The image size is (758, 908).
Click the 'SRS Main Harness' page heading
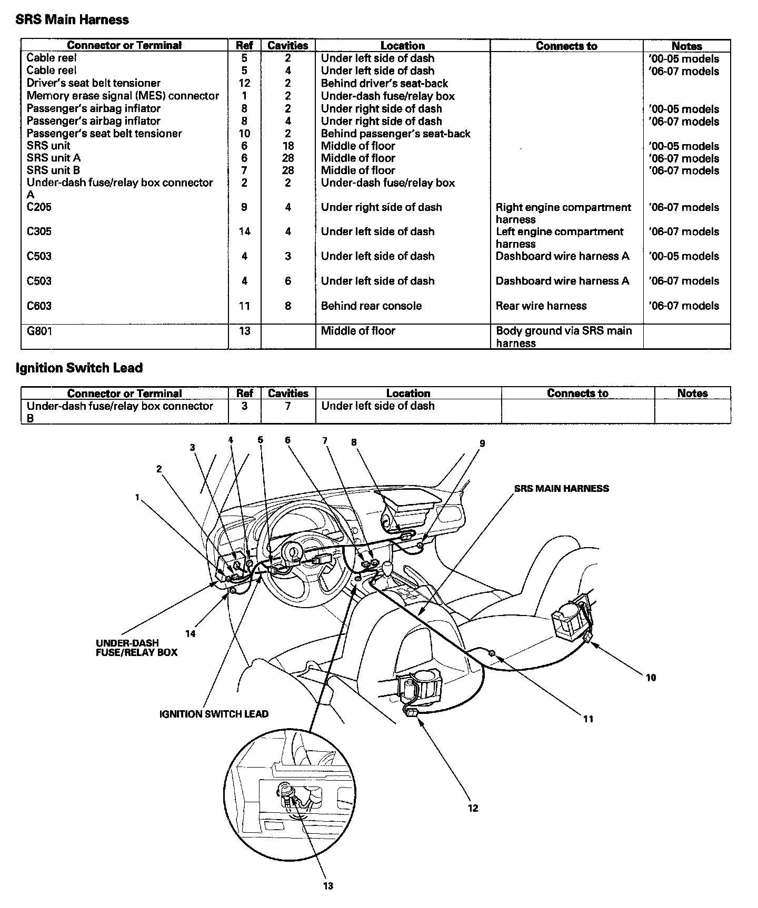[72, 20]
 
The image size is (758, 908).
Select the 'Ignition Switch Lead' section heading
[79, 368]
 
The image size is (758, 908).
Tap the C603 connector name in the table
[39, 306]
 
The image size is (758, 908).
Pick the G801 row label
[39, 331]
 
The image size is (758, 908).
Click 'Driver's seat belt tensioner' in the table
[93, 83]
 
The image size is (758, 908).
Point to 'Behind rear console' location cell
[371, 306]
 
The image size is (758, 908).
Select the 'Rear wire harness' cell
[541, 306]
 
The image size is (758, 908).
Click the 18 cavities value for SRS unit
[288, 146]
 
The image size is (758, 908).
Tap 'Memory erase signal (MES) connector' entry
[123, 96]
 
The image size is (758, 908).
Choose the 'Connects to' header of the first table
[566, 46]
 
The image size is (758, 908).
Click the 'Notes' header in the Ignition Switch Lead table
[692, 393]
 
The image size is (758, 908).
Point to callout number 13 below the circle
[328, 886]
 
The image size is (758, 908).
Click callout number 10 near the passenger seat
[651, 678]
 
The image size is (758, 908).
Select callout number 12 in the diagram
[473, 808]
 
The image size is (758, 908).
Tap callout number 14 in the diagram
[190, 634]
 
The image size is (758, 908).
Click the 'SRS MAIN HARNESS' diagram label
[561, 488]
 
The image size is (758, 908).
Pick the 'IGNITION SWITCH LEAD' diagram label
[214, 714]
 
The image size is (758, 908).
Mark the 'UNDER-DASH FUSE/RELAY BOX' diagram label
[136, 648]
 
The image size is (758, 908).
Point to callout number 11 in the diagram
[588, 719]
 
